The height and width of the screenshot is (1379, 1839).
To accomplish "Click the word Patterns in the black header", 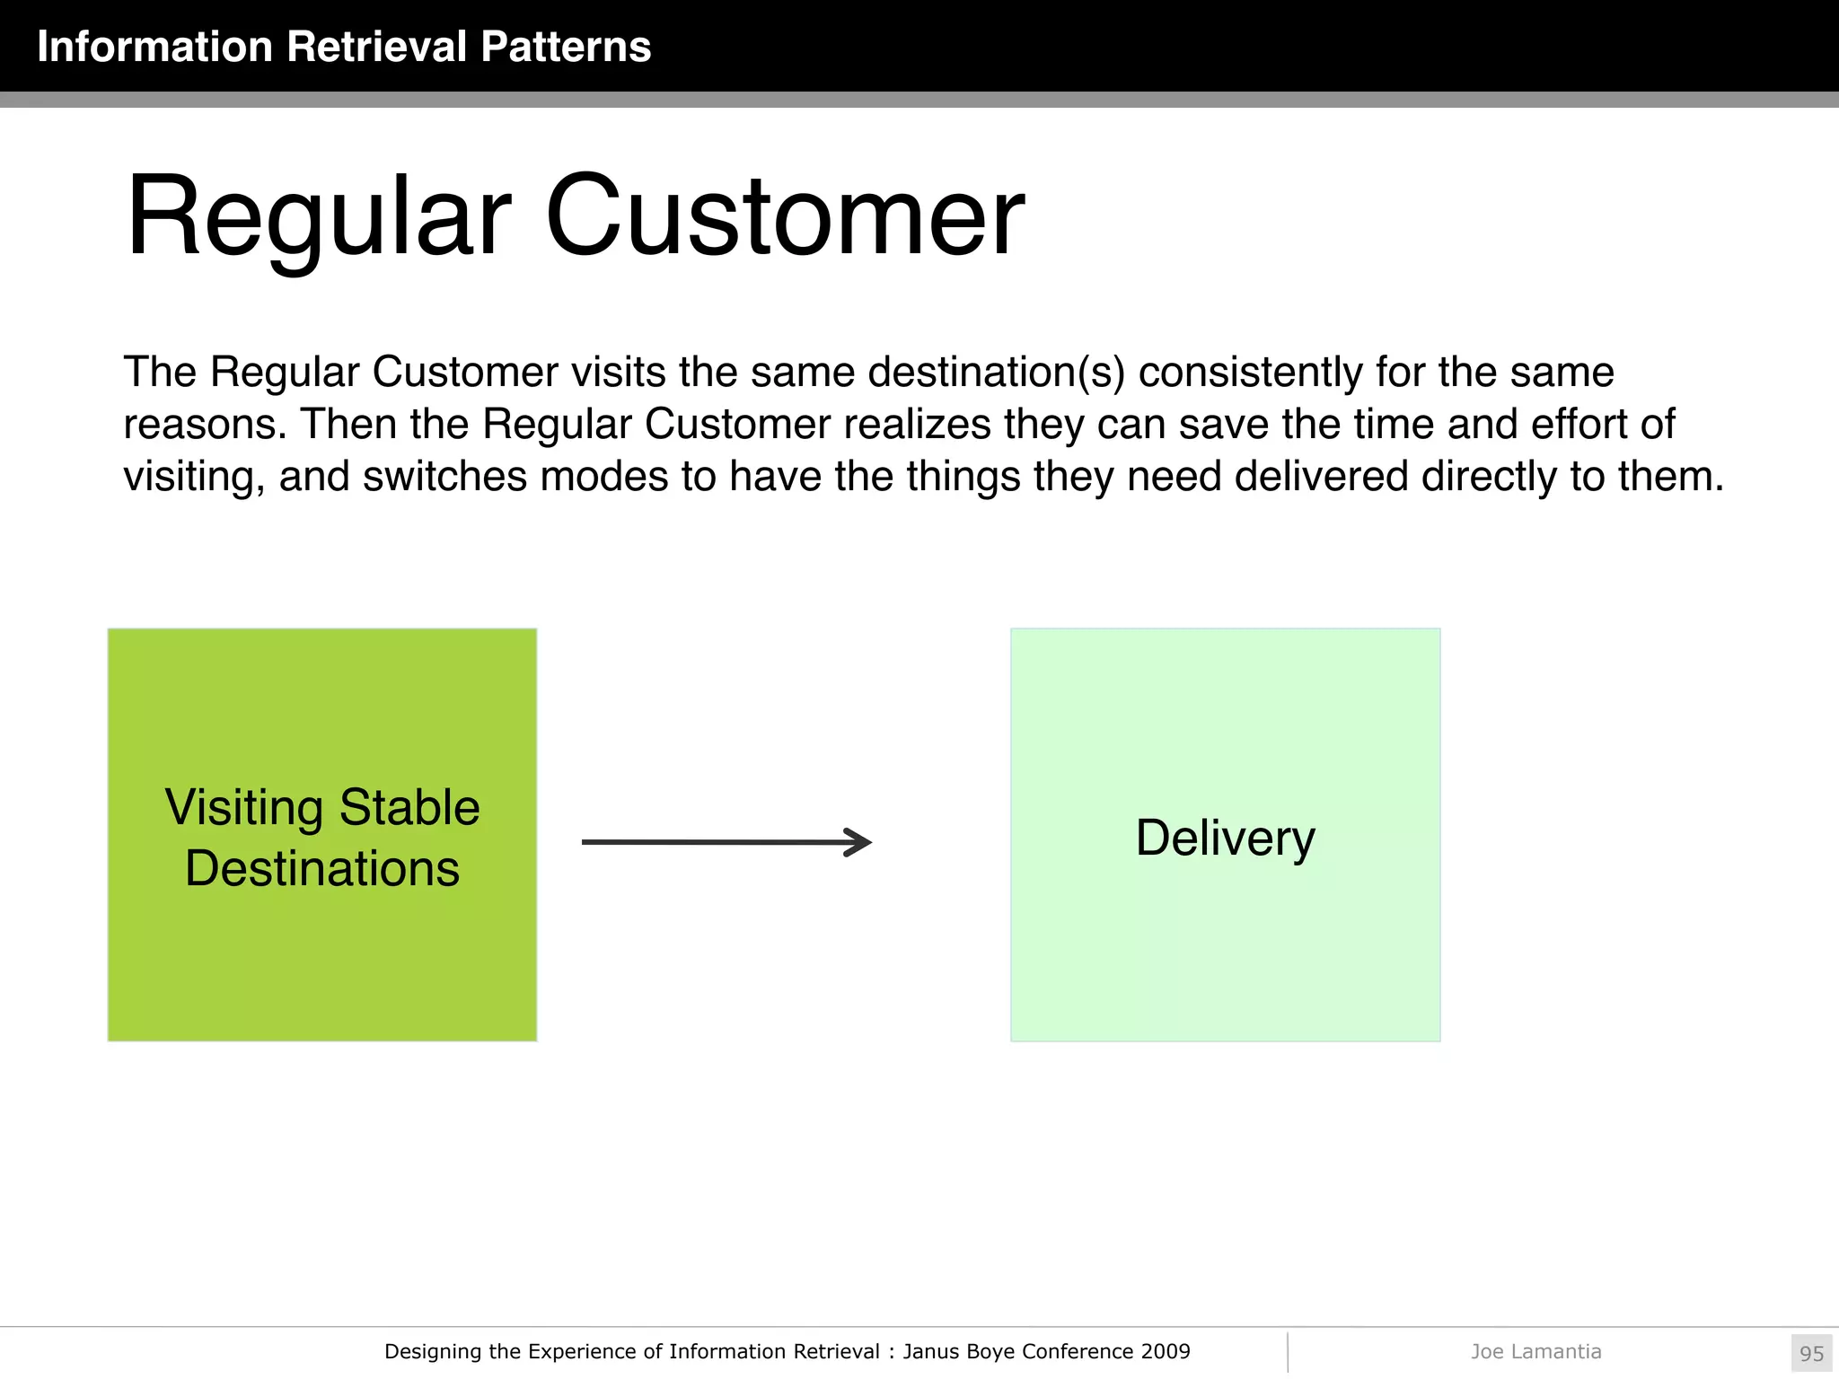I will tap(565, 47).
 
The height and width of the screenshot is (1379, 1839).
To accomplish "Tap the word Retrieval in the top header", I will tap(377, 47).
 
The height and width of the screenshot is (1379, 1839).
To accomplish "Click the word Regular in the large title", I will tap(319, 217).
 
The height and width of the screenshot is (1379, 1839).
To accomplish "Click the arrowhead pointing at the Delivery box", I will tap(859, 842).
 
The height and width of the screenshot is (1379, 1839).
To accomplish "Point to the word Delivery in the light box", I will tap(1225, 839).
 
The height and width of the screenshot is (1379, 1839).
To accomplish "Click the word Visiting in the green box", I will tap(244, 807).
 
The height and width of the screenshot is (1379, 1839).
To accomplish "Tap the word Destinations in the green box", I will tap(322, 869).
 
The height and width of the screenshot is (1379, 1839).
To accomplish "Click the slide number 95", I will tap(1811, 1353).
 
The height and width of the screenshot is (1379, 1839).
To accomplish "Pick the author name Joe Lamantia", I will tap(1535, 1351).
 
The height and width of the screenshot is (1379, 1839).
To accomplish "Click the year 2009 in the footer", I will tap(1166, 1351).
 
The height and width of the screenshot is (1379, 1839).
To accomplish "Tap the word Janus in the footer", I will tap(930, 1351).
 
